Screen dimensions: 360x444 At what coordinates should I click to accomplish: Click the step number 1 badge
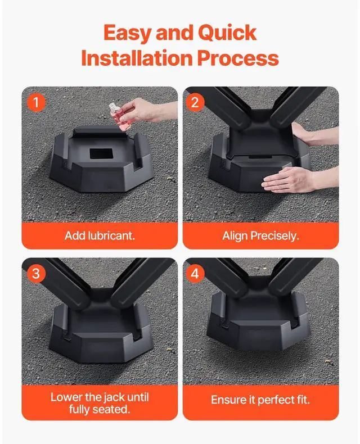(36, 102)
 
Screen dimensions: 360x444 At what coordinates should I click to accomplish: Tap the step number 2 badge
(195, 102)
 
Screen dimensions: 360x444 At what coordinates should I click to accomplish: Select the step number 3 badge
(36, 274)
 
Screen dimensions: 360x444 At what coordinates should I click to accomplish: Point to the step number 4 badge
(195, 274)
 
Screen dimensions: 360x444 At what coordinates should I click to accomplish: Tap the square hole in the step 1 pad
(101, 153)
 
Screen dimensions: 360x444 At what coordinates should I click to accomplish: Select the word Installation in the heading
(137, 58)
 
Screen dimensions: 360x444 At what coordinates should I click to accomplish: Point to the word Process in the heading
(238, 58)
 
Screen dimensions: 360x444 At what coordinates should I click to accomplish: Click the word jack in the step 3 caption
(111, 397)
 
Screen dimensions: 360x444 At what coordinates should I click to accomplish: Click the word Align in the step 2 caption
(235, 236)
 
